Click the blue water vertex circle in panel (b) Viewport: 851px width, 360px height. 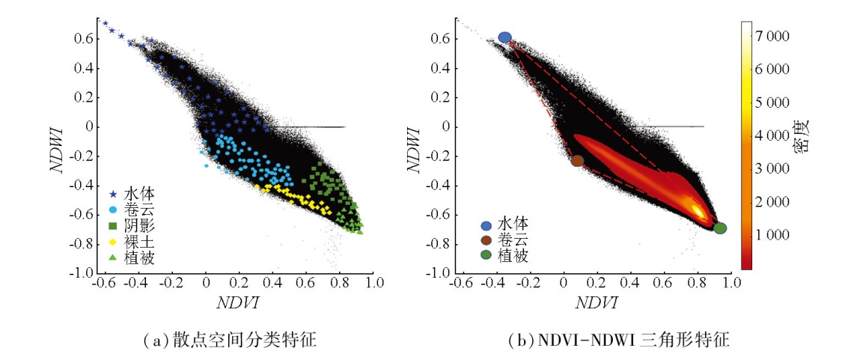505,37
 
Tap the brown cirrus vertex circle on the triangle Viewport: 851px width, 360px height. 577,160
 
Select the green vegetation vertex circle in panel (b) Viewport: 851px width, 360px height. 720,228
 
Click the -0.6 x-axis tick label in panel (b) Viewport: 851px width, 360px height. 464,284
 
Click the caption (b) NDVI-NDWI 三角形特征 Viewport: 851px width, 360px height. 618,341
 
